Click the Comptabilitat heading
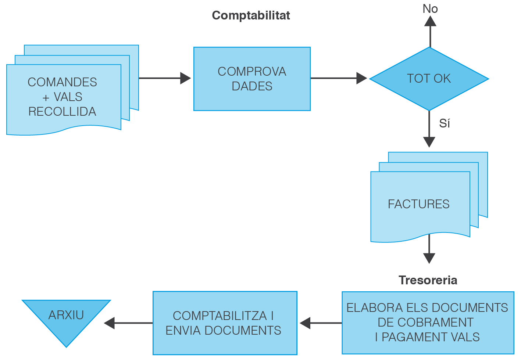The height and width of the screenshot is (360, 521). [251, 15]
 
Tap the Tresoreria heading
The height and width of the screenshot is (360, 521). [428, 280]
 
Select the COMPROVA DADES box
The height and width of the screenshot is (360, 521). [252, 79]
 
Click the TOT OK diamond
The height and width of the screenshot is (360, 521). [429, 79]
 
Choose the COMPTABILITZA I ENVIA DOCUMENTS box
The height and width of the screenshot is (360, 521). [225, 323]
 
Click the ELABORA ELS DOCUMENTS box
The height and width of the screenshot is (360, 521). [428, 323]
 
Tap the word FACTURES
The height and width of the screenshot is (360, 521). [418, 204]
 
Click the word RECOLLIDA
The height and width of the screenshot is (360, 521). [62, 112]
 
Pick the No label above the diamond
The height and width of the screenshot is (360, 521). [430, 9]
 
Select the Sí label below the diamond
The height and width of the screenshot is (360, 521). [444, 123]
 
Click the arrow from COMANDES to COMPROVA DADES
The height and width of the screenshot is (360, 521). [165, 78]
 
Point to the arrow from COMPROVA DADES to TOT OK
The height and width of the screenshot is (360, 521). [339, 78]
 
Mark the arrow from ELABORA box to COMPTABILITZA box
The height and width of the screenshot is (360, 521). [321, 323]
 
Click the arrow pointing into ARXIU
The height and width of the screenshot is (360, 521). [128, 323]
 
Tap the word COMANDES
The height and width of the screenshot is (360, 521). [62, 82]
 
